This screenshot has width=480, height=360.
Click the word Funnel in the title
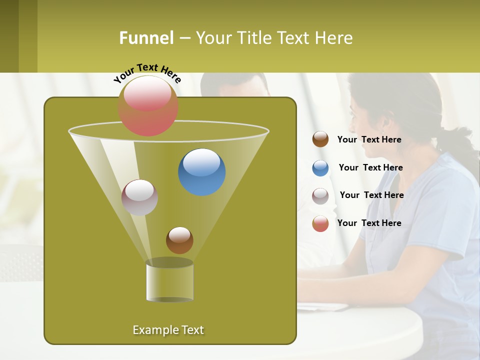146,38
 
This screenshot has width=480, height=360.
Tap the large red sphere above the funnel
148,105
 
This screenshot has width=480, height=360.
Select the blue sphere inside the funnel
201,172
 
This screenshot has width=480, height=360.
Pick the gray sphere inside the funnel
139,197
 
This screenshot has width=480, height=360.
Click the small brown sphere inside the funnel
179,240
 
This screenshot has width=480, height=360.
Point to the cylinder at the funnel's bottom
169,281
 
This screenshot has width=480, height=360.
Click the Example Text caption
168,330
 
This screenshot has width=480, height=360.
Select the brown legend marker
320,139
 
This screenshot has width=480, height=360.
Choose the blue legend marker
320,168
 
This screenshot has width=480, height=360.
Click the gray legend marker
320,195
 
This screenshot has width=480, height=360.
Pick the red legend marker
320,223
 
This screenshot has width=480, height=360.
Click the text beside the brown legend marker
369,140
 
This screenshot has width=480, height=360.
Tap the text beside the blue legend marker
370,168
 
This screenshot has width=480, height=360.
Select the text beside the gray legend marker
371,195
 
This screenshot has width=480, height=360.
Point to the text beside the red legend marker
369,223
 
